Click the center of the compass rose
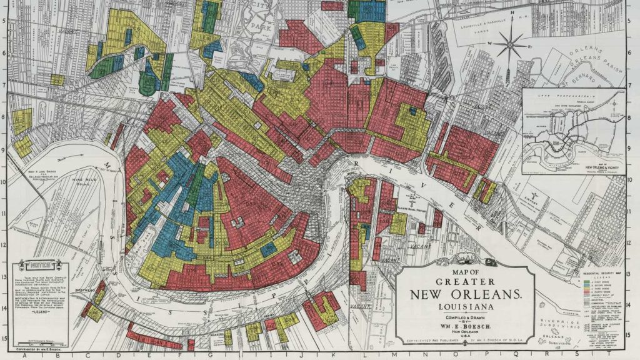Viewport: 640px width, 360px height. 512,44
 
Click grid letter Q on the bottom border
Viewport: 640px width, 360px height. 542,355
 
